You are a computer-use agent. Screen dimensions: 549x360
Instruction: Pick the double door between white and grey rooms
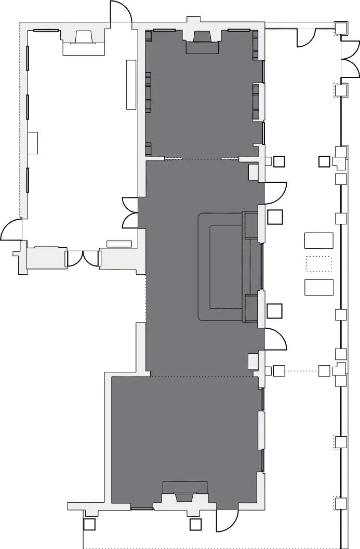130,212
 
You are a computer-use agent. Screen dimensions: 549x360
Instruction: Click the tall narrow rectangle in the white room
131,84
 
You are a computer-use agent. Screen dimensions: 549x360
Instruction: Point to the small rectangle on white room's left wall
33,142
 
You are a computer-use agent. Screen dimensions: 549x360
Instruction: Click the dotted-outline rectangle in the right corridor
318,264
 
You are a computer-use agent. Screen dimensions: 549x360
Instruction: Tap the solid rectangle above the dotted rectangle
318,240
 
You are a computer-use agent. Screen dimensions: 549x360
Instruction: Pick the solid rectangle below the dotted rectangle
318,287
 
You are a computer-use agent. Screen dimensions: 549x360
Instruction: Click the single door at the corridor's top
306,36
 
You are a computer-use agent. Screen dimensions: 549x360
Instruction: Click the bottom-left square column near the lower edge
89,525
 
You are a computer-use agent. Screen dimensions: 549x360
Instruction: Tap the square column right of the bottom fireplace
195,525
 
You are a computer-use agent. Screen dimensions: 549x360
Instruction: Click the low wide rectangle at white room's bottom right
119,244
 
